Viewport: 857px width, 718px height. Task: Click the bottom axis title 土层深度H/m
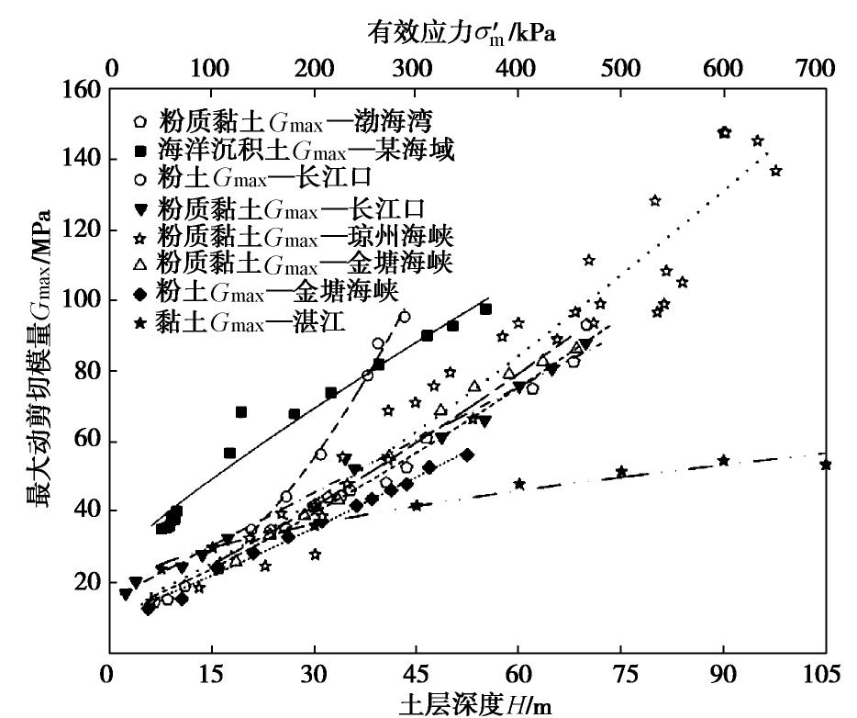point(474,704)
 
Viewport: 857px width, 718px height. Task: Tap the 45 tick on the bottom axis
point(416,677)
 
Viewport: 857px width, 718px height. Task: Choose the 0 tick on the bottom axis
point(109,677)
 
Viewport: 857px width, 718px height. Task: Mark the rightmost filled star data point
point(826,465)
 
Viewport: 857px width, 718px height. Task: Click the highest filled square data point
point(485,309)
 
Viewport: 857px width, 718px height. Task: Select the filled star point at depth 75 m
point(621,472)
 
